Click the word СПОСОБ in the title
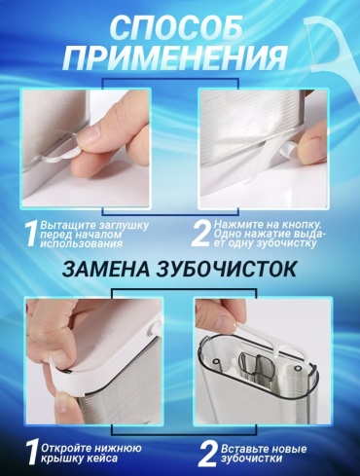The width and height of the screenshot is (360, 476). pyautogui.click(x=177, y=28)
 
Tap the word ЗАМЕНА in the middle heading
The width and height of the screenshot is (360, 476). pyautogui.click(x=106, y=270)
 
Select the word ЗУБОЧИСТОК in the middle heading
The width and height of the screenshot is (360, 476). pyautogui.click(x=227, y=270)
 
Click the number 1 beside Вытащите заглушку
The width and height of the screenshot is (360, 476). pyautogui.click(x=31, y=234)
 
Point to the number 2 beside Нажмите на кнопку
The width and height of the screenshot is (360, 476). pyautogui.click(x=201, y=234)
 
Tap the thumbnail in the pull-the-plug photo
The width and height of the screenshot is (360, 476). pyautogui.click(x=94, y=131)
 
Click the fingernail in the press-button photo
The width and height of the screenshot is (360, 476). pyautogui.click(x=308, y=140)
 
